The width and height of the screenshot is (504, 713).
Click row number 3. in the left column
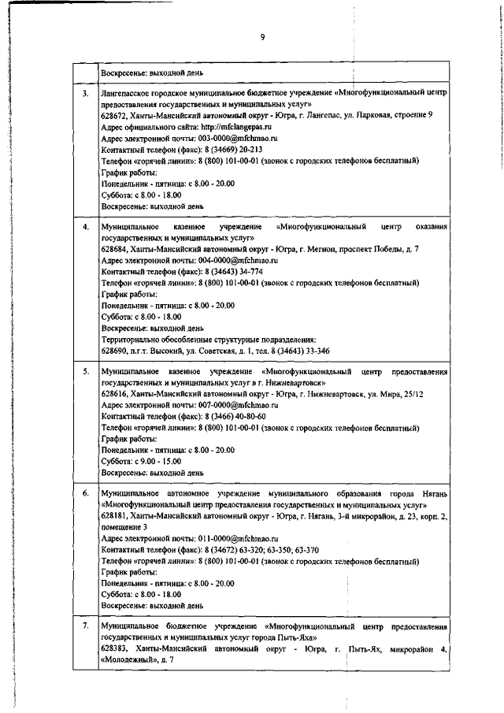(x=86, y=94)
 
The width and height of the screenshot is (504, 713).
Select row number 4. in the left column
(x=86, y=227)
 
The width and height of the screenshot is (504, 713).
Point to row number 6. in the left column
(x=86, y=493)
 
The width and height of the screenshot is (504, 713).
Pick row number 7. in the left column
(x=86, y=626)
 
